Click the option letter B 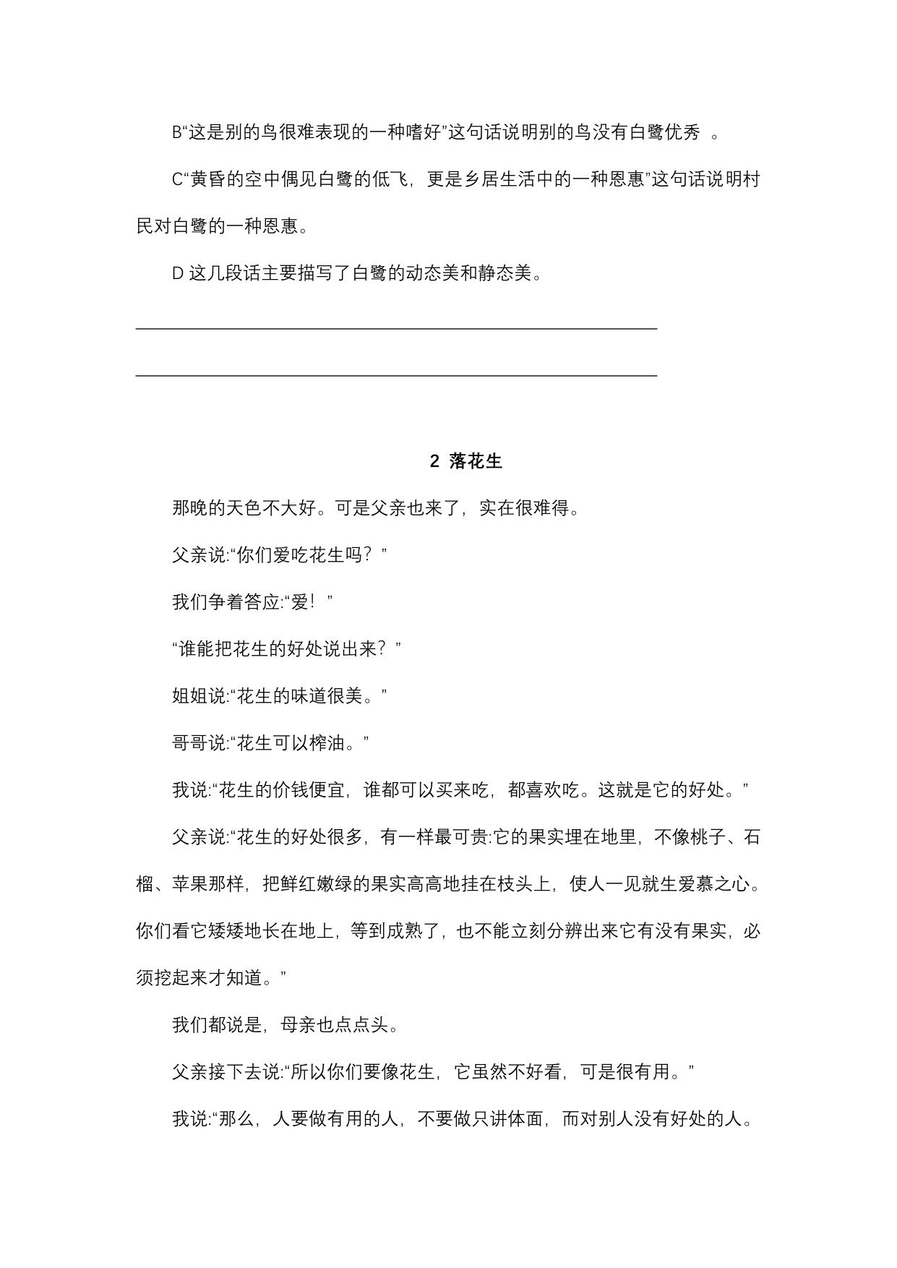pyautogui.click(x=177, y=133)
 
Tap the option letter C pyautogui.click(x=177, y=180)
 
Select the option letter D pyautogui.click(x=177, y=274)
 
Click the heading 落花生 pyautogui.click(x=476, y=462)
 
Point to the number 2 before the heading pyautogui.click(x=434, y=462)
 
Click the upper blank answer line pyautogui.click(x=396, y=328)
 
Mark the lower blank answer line pyautogui.click(x=396, y=375)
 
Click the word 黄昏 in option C pyautogui.click(x=208, y=180)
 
